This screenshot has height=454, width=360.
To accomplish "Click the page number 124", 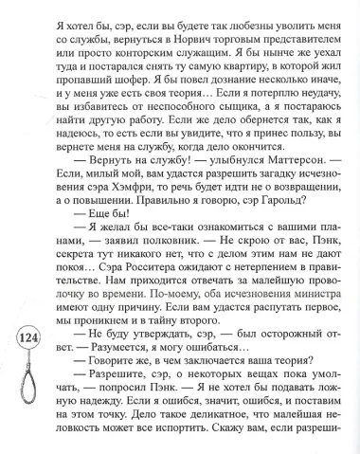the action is pos(28,342).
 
